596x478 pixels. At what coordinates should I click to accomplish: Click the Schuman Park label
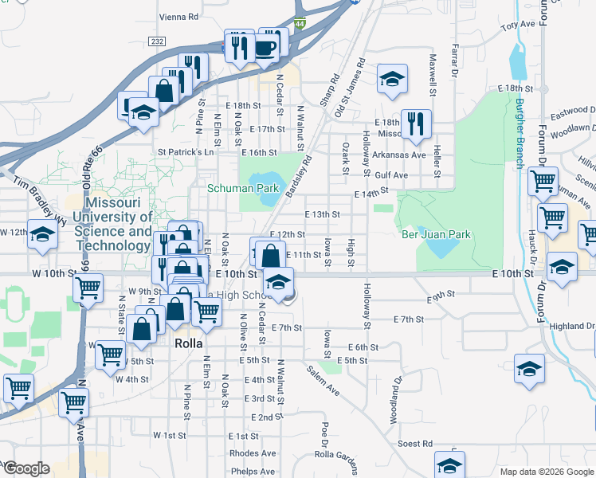[243, 189]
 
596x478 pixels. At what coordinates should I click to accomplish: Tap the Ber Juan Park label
[436, 234]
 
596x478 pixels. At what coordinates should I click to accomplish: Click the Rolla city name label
[188, 343]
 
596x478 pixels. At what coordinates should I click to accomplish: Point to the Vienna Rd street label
[178, 16]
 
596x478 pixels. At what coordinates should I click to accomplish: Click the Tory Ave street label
[518, 25]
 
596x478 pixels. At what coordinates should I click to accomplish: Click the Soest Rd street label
[414, 443]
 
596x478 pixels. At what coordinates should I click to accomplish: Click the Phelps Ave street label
[253, 472]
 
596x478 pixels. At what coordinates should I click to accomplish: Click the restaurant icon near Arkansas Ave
[416, 123]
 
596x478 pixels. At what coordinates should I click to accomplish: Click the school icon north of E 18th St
[392, 78]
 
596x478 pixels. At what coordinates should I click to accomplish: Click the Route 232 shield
[157, 41]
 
